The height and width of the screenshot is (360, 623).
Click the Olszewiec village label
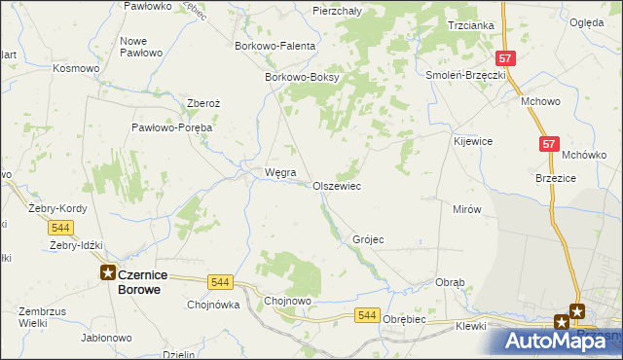(x=337, y=186)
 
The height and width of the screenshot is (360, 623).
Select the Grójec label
(x=368, y=239)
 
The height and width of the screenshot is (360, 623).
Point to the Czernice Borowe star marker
(x=108, y=274)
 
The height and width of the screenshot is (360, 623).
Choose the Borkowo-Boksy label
(x=301, y=78)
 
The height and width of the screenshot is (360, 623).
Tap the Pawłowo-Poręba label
(x=172, y=127)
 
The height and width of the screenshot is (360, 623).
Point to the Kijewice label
(x=473, y=141)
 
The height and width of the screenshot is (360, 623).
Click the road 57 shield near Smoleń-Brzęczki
(x=503, y=58)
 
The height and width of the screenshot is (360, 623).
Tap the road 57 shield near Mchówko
(x=550, y=144)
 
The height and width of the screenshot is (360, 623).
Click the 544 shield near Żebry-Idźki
(x=60, y=227)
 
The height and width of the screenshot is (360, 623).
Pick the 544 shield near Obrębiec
(x=367, y=315)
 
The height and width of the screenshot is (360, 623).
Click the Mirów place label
(x=467, y=209)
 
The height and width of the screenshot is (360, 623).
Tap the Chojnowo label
(x=288, y=302)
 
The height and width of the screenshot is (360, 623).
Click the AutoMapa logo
(x=558, y=341)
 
